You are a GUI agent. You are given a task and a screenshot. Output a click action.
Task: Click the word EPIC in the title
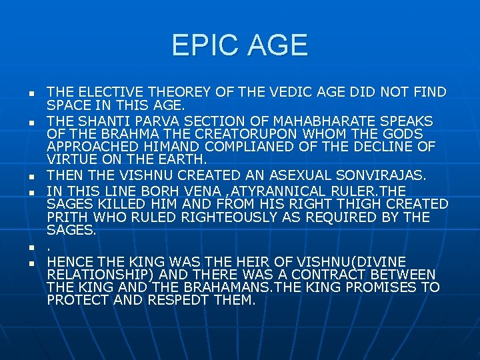[x=203, y=45]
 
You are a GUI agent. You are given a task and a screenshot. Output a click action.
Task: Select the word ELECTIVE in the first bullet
[x=107, y=92]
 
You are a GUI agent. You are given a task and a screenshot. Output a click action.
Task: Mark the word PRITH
[x=67, y=217]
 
